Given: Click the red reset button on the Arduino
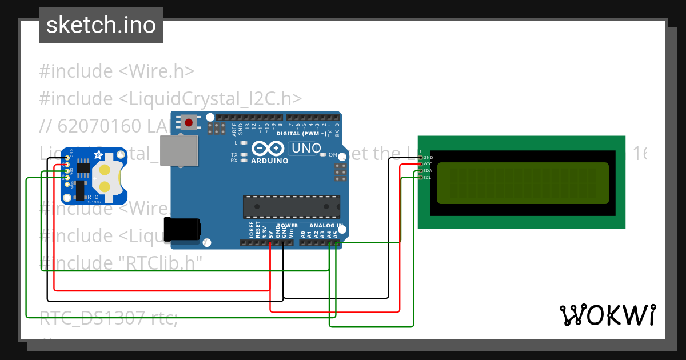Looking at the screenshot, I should [x=188, y=122].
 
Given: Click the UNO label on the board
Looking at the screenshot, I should [x=306, y=149].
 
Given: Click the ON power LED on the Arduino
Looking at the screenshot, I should [x=324, y=155].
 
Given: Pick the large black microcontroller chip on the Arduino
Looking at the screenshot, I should [x=292, y=207].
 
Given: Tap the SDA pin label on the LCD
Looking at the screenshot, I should [x=428, y=171].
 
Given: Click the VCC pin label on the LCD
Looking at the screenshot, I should [x=428, y=164].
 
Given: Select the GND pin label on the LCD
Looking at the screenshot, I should [x=428, y=157].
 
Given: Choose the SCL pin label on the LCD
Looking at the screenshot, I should [x=428, y=178].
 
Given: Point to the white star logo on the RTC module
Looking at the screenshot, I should [x=98, y=155].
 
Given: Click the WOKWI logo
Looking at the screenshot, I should [x=607, y=315].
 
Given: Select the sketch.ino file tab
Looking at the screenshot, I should [x=101, y=25].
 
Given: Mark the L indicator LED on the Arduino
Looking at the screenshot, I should [x=244, y=142].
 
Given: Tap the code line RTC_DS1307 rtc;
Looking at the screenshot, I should [x=109, y=318].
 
